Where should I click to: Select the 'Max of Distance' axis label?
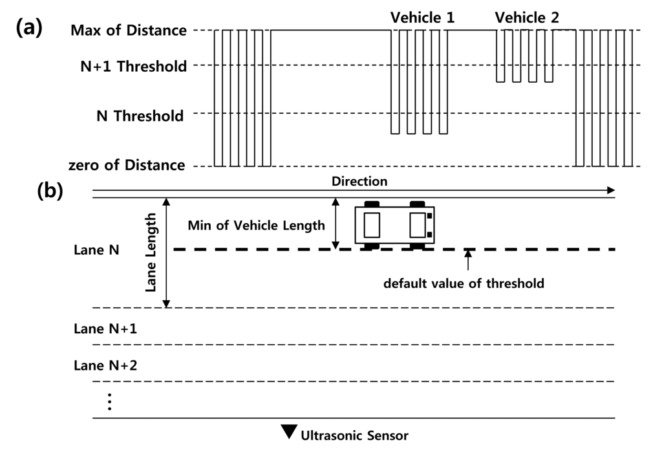coord(129,30)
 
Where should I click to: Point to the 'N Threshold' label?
coord(140,116)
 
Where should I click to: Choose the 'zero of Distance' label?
coord(128,165)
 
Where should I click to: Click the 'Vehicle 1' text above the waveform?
coord(422,17)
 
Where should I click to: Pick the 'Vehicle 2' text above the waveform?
coord(527,17)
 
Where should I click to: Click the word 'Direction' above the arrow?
coord(359,181)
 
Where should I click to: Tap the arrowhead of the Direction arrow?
coord(610,191)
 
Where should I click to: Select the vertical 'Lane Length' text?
coord(151,254)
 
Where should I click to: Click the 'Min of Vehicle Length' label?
coord(256,226)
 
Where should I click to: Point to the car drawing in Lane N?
coord(394,225)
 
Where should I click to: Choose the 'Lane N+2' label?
coord(105,365)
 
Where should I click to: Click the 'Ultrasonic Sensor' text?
coord(354,435)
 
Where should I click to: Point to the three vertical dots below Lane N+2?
coord(110,402)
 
